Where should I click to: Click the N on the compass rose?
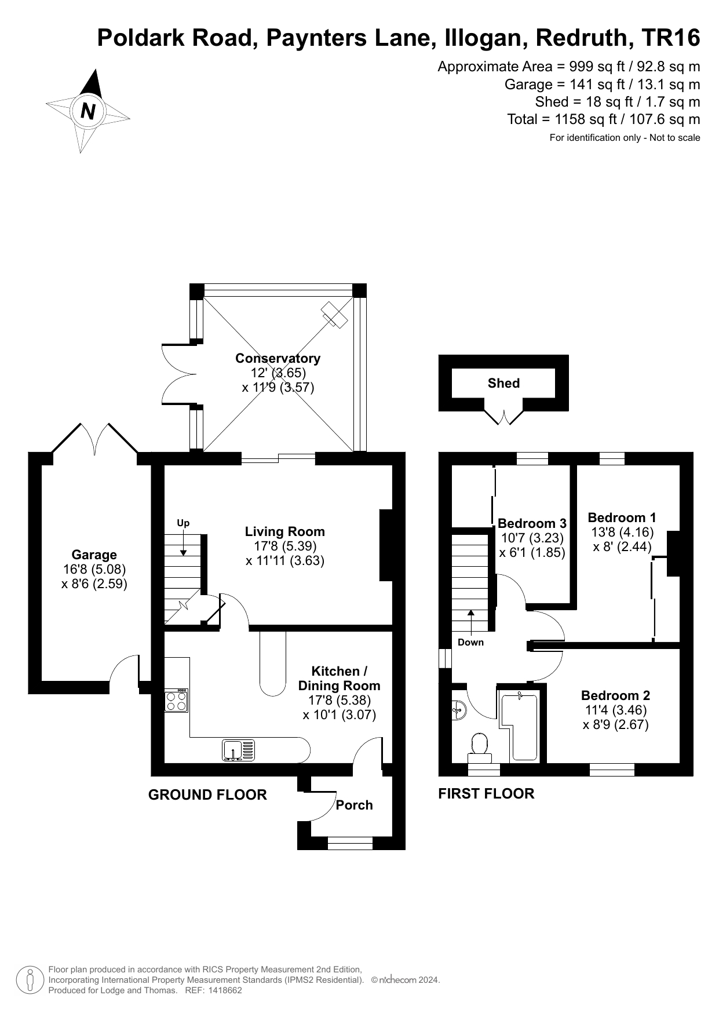point(88,111)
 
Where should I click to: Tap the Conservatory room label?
point(278,358)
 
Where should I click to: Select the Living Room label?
point(284,531)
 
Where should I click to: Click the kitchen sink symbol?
point(238,750)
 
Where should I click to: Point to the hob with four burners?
point(177,701)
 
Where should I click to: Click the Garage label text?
point(94,555)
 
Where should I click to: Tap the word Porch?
point(354,805)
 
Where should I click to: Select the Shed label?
point(503,383)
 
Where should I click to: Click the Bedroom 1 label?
point(622,517)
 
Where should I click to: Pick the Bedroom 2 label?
point(615,695)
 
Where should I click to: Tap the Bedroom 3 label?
point(531,523)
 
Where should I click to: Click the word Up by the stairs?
point(183,523)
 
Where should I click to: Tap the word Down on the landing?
point(470,642)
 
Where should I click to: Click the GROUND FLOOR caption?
point(207,794)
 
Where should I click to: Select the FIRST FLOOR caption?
point(486,793)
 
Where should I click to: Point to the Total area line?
point(604,119)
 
